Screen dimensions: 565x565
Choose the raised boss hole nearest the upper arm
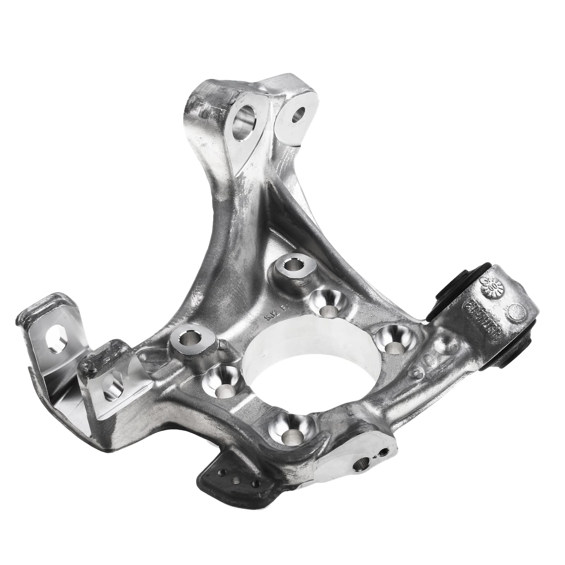tap(293, 263)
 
